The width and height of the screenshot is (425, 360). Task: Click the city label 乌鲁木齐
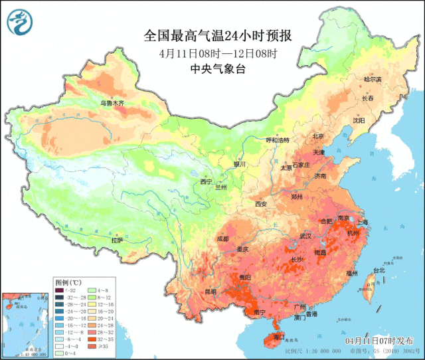pyautogui.click(x=112, y=103)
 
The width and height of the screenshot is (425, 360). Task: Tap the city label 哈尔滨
pyautogui.click(x=373, y=80)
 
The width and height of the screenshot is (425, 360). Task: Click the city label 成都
pyautogui.click(x=222, y=238)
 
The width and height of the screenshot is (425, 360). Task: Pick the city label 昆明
pyautogui.click(x=211, y=291)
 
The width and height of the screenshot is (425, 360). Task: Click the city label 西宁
pyautogui.click(x=206, y=181)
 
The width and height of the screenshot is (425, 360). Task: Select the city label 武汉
pyautogui.click(x=305, y=236)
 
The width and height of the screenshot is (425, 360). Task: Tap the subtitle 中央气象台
pyautogui.click(x=218, y=68)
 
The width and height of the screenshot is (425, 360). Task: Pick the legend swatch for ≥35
pyautogui.click(x=93, y=346)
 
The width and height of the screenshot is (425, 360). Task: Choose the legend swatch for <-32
pyautogui.click(x=60, y=290)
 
